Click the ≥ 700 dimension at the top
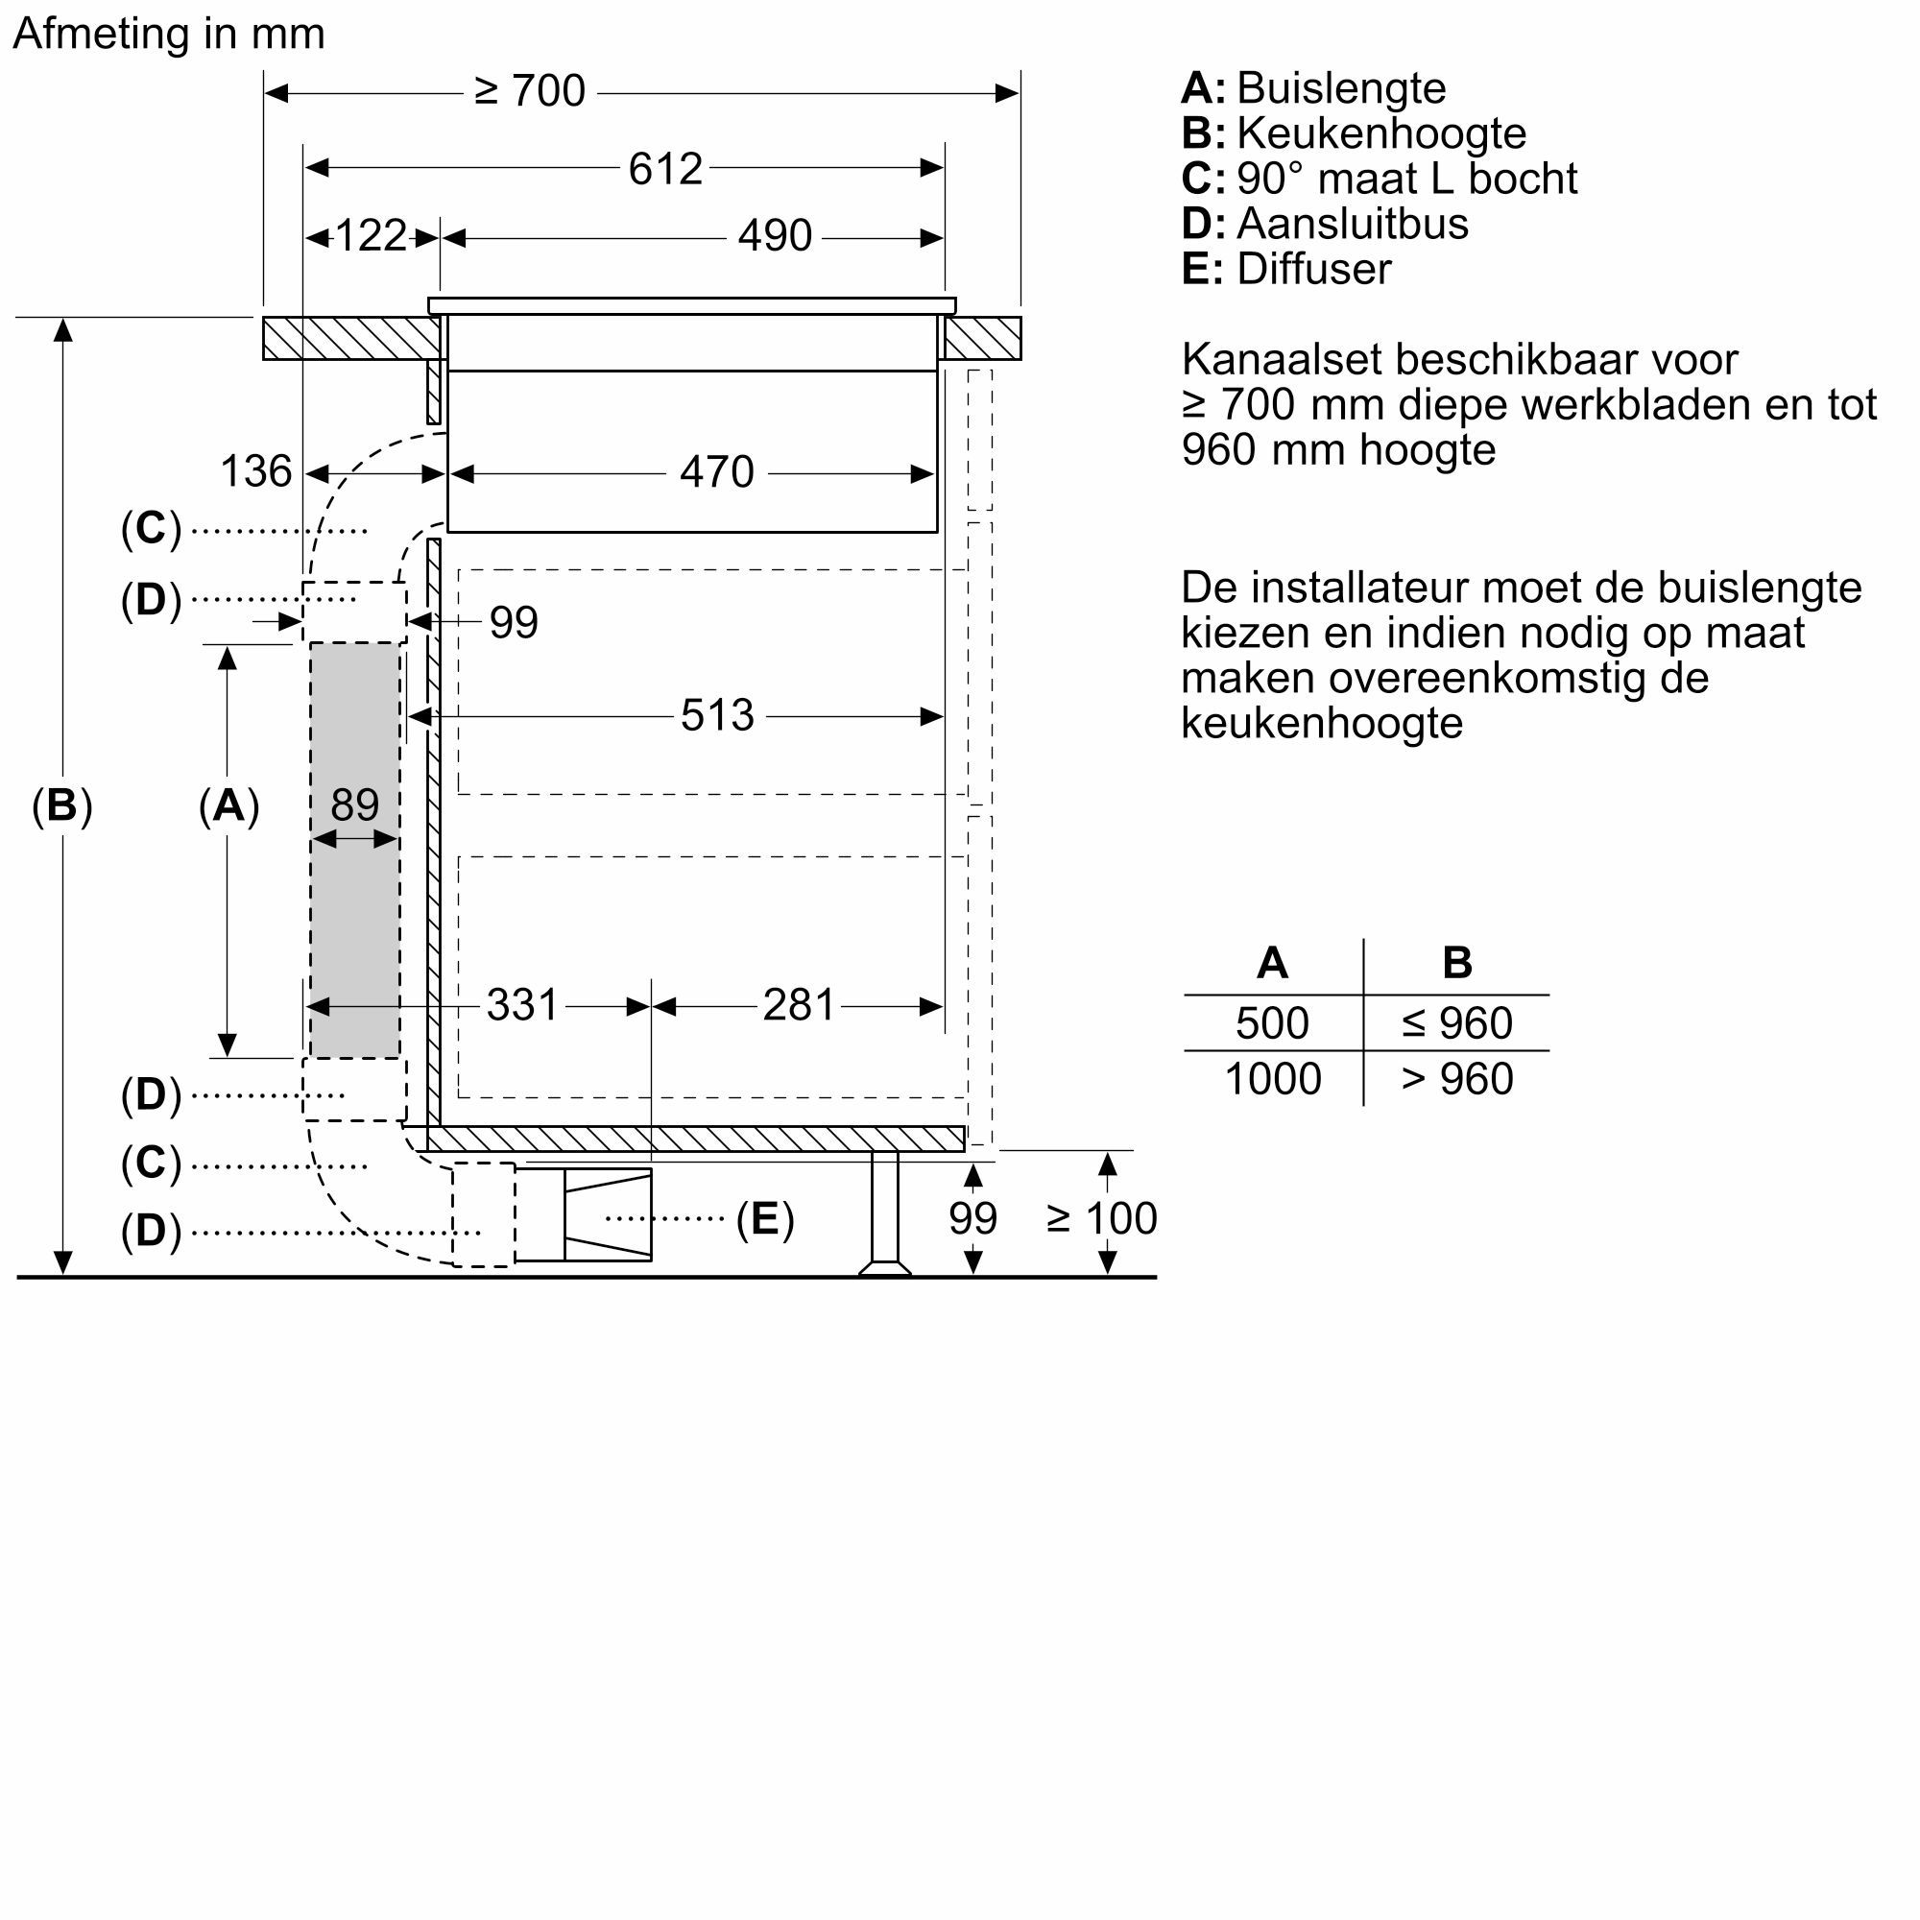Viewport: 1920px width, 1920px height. (530, 91)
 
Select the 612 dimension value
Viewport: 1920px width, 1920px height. (665, 169)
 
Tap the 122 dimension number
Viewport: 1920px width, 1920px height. (371, 236)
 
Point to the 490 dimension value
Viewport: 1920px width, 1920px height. (774, 236)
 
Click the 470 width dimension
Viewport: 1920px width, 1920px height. (716, 472)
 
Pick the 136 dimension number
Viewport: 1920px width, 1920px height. (255, 472)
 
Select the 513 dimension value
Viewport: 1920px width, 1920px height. (716, 715)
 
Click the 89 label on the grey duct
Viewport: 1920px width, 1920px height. (355, 805)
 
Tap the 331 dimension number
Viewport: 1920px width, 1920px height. (523, 1006)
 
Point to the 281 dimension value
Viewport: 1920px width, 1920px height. (798, 1006)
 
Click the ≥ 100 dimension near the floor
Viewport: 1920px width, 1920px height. (1101, 1218)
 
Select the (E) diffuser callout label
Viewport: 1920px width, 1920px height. (764, 1218)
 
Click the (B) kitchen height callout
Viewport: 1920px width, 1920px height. (61, 805)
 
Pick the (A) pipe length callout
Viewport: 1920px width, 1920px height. (228, 805)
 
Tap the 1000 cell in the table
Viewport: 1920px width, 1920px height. (1272, 1079)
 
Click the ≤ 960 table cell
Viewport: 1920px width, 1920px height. (1457, 1023)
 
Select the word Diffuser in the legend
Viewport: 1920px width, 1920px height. (1314, 270)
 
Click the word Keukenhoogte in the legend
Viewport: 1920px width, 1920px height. (1381, 133)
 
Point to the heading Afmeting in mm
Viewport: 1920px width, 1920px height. (169, 34)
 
